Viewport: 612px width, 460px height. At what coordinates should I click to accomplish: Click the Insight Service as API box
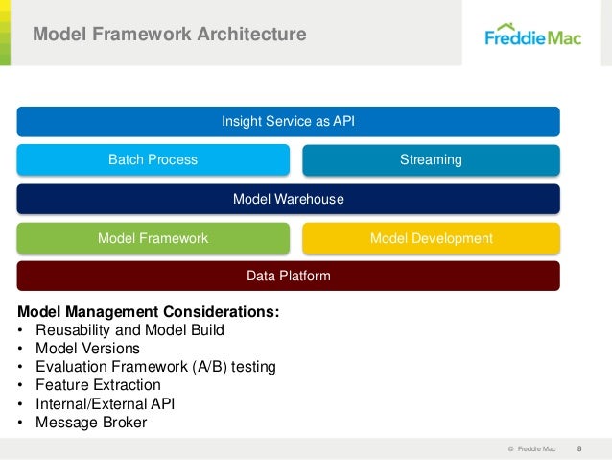pyautogui.click(x=288, y=121)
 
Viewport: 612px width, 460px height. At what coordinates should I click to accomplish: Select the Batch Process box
pyautogui.click(x=153, y=159)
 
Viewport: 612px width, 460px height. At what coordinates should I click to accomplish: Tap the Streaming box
pyautogui.click(x=431, y=159)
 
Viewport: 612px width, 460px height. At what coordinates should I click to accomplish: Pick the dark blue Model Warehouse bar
pyautogui.click(x=288, y=199)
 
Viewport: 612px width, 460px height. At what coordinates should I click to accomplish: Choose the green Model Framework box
pyautogui.click(x=153, y=237)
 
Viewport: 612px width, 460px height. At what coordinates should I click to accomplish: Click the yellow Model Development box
pyautogui.click(x=431, y=237)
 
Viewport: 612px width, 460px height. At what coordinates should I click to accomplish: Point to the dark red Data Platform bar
pyautogui.click(x=288, y=276)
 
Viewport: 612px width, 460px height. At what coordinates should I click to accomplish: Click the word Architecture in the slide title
pyautogui.click(x=252, y=36)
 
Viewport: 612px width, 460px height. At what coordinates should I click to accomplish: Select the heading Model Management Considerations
pyautogui.click(x=149, y=312)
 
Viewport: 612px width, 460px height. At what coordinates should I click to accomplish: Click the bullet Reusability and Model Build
pyautogui.click(x=129, y=330)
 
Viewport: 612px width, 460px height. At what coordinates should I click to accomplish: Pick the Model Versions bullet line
pyautogui.click(x=87, y=349)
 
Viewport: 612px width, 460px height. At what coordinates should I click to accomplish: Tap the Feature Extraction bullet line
pyautogui.click(x=98, y=385)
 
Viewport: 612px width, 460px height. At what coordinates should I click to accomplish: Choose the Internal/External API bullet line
pyautogui.click(x=105, y=403)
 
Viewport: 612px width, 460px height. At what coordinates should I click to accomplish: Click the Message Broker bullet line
pyautogui.click(x=91, y=422)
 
